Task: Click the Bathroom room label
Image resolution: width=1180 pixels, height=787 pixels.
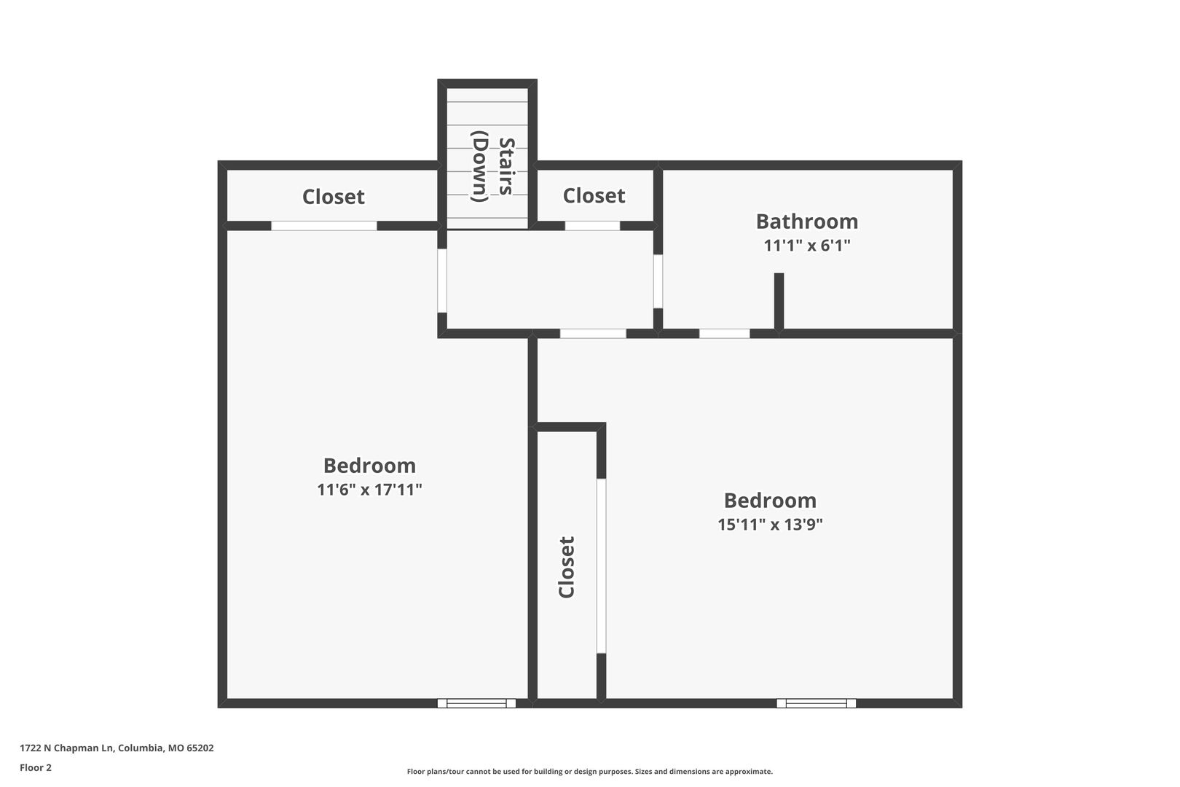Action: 807,222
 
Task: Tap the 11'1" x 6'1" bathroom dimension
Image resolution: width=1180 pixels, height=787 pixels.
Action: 807,246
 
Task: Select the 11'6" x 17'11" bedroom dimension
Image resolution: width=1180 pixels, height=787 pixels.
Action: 369,490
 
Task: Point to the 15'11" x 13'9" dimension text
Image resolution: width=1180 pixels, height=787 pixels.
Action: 770,525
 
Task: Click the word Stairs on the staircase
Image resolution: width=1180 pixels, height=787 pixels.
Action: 506,167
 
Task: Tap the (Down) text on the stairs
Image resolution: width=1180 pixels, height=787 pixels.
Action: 480,167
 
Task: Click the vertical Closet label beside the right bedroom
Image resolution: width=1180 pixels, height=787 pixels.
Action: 566,567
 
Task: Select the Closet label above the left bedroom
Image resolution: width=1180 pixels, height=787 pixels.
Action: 334,197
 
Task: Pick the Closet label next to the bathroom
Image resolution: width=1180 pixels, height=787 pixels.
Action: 594,196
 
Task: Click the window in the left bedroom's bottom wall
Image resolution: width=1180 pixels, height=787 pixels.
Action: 477,703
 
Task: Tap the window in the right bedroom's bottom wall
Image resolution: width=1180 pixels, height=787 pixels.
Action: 816,703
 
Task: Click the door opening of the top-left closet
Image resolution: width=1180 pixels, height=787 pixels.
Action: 324,226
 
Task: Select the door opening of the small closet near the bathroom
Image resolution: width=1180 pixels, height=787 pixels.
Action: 593,226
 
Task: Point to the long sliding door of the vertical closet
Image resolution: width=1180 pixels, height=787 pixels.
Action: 601,566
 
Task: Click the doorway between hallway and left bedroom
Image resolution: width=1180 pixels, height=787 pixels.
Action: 442,281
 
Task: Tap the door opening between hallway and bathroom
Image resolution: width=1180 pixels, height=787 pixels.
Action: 658,281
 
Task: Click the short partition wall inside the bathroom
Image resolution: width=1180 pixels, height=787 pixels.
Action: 779,302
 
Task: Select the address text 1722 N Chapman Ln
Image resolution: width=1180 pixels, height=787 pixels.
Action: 67,748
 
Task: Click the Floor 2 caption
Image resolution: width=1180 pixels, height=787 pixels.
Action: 36,767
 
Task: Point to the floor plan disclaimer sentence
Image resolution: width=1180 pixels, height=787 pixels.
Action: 590,772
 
